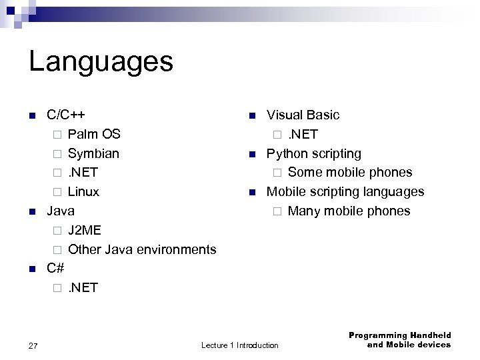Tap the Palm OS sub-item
click(x=94, y=134)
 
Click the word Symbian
click(x=94, y=153)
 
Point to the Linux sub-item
click(x=84, y=192)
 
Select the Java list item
click(x=60, y=211)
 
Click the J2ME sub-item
click(x=85, y=231)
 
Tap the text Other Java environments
click(x=142, y=249)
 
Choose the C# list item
click(x=55, y=269)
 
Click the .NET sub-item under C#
click(x=83, y=288)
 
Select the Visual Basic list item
click(x=303, y=115)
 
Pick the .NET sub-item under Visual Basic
click(x=303, y=134)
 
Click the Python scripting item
click(x=314, y=153)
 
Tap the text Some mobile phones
click(x=350, y=173)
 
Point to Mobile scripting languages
click(x=345, y=192)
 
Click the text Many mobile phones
click(x=349, y=211)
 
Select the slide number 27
click(x=33, y=345)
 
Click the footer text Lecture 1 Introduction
click(x=240, y=345)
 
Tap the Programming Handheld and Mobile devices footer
click(x=399, y=340)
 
